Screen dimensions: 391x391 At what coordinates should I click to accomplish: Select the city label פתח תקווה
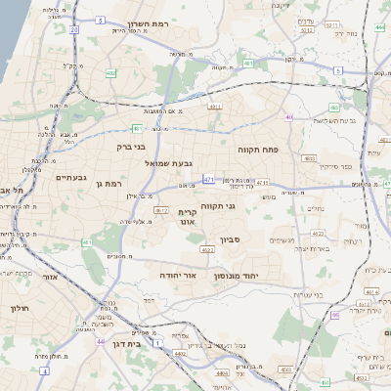258,151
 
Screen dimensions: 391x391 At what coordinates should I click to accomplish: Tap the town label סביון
252,239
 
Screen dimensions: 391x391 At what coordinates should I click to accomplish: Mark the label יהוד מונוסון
258,277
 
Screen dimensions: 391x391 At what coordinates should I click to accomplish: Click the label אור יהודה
178,276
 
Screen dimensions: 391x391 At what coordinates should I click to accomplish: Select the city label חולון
19,309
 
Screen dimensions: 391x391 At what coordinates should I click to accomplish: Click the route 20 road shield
73,30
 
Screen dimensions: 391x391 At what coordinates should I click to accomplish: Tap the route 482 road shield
110,72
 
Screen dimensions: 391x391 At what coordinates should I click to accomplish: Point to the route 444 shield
378,28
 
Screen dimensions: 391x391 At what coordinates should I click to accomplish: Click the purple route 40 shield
334,315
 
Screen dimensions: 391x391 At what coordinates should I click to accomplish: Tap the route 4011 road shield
215,106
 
